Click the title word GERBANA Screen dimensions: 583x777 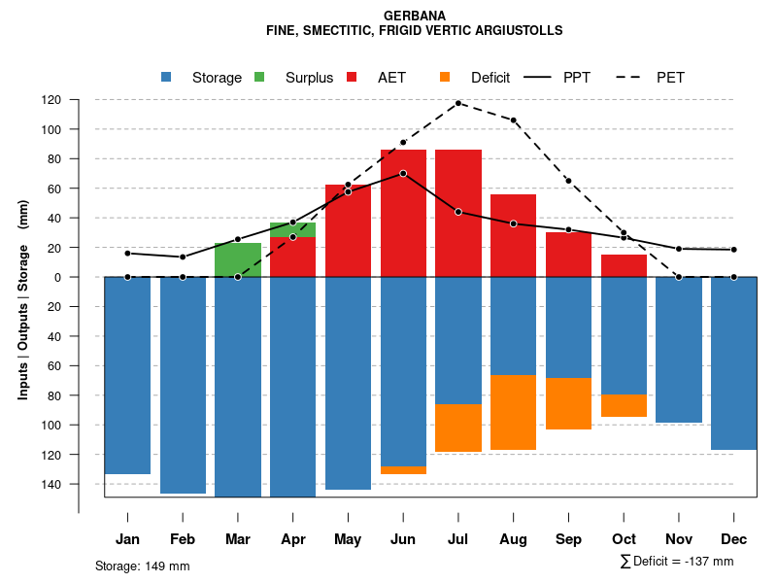point(415,16)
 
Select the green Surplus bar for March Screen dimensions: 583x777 point(238,259)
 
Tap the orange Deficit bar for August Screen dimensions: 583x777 point(513,412)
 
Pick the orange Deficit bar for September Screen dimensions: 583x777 point(568,403)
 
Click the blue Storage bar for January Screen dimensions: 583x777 point(127,375)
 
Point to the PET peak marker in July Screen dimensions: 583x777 point(458,103)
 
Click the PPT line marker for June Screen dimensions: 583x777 point(403,173)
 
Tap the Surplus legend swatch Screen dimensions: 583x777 point(259,77)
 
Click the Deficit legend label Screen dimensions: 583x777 point(490,78)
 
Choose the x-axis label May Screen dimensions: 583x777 point(348,539)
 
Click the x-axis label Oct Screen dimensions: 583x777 point(624,539)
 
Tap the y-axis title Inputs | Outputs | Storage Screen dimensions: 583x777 point(23,298)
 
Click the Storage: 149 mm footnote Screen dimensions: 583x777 point(142,566)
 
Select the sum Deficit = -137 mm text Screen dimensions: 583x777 point(676,561)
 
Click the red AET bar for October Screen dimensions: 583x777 point(624,265)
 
